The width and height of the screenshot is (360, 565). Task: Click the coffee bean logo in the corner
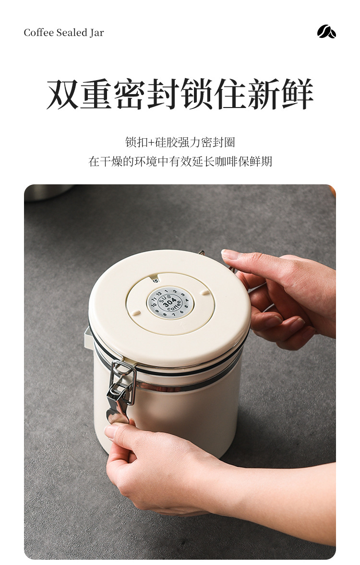(x=326, y=32)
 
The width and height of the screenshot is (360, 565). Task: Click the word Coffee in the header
(x=38, y=33)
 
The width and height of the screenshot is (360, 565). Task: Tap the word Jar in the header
(x=96, y=33)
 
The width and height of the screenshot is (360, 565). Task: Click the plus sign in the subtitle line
(x=152, y=143)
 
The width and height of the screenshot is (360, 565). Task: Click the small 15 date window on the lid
(x=156, y=280)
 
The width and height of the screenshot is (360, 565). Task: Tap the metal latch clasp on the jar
(x=120, y=384)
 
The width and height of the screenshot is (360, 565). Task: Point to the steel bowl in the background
(x=48, y=192)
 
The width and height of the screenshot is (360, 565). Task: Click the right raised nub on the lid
(x=205, y=292)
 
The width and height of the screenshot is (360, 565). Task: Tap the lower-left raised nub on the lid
(x=136, y=313)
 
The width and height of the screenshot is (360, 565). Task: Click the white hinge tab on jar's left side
(x=88, y=338)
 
